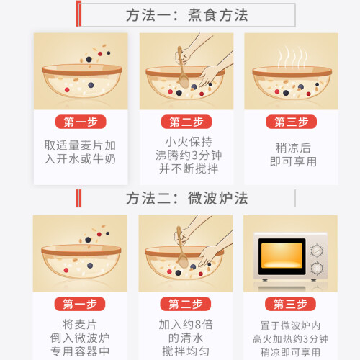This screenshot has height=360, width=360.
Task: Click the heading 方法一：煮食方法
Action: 186,15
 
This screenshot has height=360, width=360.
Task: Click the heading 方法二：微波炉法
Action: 186,198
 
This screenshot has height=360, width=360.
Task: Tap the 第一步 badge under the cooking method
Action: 81,122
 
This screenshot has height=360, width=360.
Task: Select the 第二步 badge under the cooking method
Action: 186,122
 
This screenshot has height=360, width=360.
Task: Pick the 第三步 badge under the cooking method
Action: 291,122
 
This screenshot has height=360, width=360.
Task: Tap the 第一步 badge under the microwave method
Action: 80,304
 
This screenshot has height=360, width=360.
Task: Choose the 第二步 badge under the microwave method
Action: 186,304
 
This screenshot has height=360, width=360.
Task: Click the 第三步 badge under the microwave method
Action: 290,304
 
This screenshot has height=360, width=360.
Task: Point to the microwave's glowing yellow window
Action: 282,256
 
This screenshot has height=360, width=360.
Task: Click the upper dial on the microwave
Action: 317,251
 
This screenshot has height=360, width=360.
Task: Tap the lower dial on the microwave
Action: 317,268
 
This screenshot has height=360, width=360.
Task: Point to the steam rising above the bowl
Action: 292,57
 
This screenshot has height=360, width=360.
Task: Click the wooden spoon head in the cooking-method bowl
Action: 184,81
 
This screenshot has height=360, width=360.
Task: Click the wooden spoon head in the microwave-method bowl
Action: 184,261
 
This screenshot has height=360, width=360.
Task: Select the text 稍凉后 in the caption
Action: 293,148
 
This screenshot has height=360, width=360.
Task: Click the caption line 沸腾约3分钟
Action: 189,155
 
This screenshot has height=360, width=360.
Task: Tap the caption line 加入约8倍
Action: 186,325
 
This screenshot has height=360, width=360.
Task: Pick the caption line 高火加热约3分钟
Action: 290,339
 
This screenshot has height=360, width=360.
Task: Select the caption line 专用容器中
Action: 80,351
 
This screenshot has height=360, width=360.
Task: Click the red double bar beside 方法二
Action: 78,198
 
